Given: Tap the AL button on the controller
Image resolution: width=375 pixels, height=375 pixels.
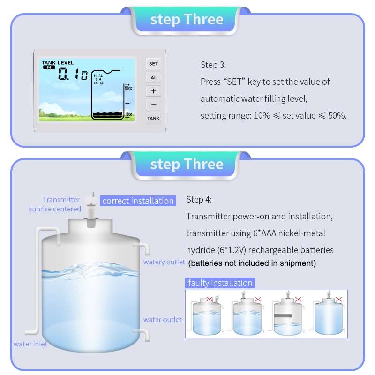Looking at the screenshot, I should (x=153, y=77).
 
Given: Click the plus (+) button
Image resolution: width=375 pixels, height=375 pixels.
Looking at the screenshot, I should (x=153, y=91).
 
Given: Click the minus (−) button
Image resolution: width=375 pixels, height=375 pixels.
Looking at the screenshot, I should (x=153, y=105).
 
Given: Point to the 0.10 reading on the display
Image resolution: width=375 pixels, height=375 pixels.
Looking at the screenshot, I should (x=73, y=75).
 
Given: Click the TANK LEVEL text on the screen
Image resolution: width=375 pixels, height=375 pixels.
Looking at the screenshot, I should (x=57, y=62).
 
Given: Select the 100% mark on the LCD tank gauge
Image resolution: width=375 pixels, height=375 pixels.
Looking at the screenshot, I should (x=128, y=88).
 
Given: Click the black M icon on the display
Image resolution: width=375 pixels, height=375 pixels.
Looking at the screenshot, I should (x=48, y=67).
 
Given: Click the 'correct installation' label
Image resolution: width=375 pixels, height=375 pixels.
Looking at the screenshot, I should (x=138, y=201).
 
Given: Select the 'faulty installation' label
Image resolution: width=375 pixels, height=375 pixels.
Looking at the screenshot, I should (x=220, y=283).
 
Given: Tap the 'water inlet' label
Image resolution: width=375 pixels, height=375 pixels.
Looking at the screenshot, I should (x=30, y=344).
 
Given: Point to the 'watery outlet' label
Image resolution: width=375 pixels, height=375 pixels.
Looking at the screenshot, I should (x=164, y=262).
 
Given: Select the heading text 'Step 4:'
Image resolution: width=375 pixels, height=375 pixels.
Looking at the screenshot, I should (x=199, y=200).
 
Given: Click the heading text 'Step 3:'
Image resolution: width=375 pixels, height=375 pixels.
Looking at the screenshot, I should (x=213, y=65).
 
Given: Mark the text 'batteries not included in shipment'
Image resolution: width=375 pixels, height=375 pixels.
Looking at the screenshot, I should (x=252, y=263).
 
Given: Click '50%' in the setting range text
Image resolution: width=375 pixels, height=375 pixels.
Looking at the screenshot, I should (x=337, y=115).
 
